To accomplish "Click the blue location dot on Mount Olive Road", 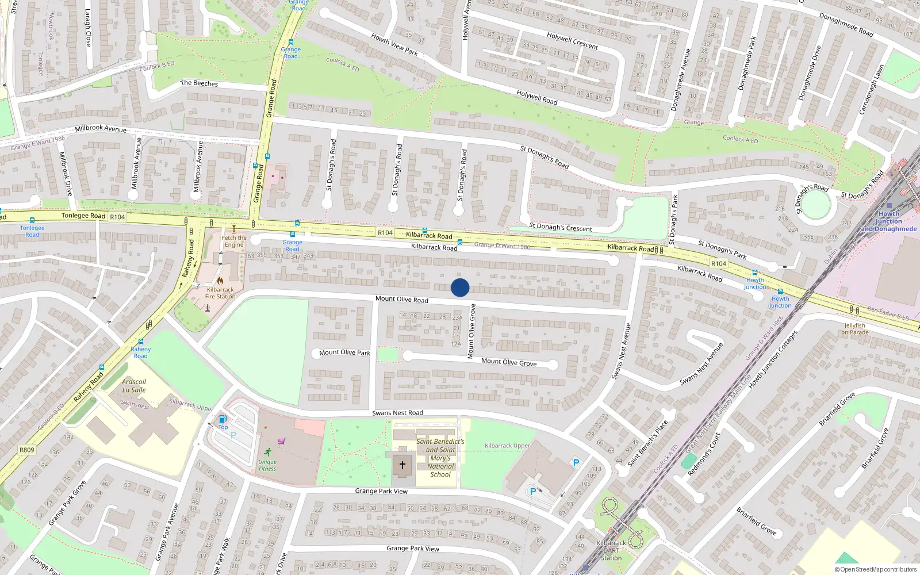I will tap(460, 287).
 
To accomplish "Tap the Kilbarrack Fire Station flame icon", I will tap(220, 281).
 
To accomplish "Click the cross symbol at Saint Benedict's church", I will tap(402, 465).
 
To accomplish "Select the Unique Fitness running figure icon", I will tap(268, 451).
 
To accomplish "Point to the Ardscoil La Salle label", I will tap(134, 386).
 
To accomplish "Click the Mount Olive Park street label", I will tap(344, 352).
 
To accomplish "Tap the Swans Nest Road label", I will tap(397, 413).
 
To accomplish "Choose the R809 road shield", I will tap(26, 450).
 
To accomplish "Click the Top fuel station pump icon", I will tap(223, 419).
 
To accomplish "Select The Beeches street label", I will tap(199, 83).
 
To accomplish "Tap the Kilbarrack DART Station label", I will tap(611, 550).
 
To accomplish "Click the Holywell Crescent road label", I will tap(572, 41).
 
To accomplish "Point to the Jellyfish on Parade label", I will tap(854, 329).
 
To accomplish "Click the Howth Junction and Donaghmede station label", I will tap(888, 221).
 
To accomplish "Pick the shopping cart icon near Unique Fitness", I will tap(282, 441).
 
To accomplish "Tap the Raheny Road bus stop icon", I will tap(141, 342).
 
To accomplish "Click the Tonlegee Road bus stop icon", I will tap(32, 220).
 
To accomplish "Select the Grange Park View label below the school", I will tap(381, 491).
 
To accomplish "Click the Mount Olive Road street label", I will tap(401, 299).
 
